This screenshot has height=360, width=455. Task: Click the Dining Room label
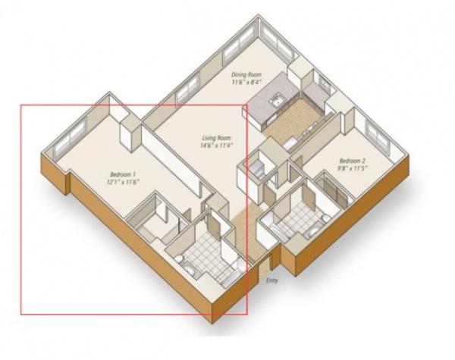246,75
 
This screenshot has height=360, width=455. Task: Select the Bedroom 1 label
123,174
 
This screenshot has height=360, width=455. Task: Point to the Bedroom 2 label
352,161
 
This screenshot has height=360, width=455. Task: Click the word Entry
272,280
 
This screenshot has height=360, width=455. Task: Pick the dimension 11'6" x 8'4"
246,82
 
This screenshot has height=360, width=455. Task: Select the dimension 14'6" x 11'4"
217,145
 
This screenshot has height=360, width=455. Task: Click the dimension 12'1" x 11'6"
123,182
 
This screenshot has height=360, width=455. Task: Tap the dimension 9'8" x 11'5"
352,168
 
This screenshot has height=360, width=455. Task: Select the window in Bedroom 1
70,137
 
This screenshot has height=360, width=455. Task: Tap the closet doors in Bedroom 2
334,189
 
